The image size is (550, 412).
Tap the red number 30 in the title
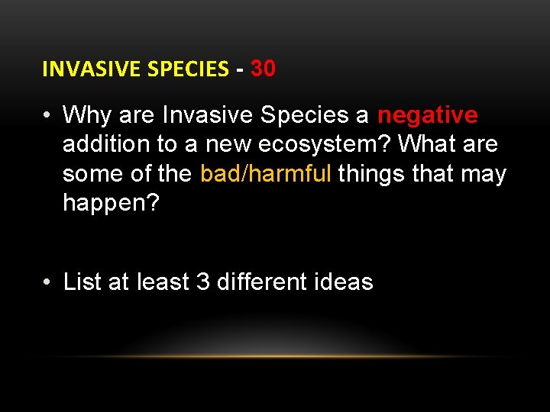263,69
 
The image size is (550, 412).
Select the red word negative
428,115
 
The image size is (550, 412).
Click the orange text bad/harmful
266,174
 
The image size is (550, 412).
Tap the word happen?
111,203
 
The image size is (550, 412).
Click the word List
82,282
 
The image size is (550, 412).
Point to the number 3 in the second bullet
203,282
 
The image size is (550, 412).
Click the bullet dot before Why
47,116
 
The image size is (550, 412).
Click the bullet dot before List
47,283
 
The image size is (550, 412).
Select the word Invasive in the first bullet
209,115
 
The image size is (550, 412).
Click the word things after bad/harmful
371,174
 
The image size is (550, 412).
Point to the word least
162,282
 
